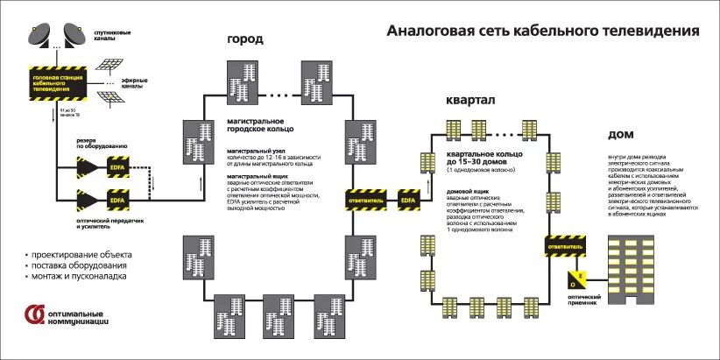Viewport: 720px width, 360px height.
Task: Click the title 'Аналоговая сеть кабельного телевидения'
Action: (543, 31)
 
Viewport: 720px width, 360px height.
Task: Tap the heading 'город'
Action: (245, 40)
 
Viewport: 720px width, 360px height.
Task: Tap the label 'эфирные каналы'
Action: (133, 85)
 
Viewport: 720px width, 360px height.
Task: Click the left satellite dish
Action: (41, 33)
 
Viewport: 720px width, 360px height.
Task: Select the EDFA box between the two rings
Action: (409, 199)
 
